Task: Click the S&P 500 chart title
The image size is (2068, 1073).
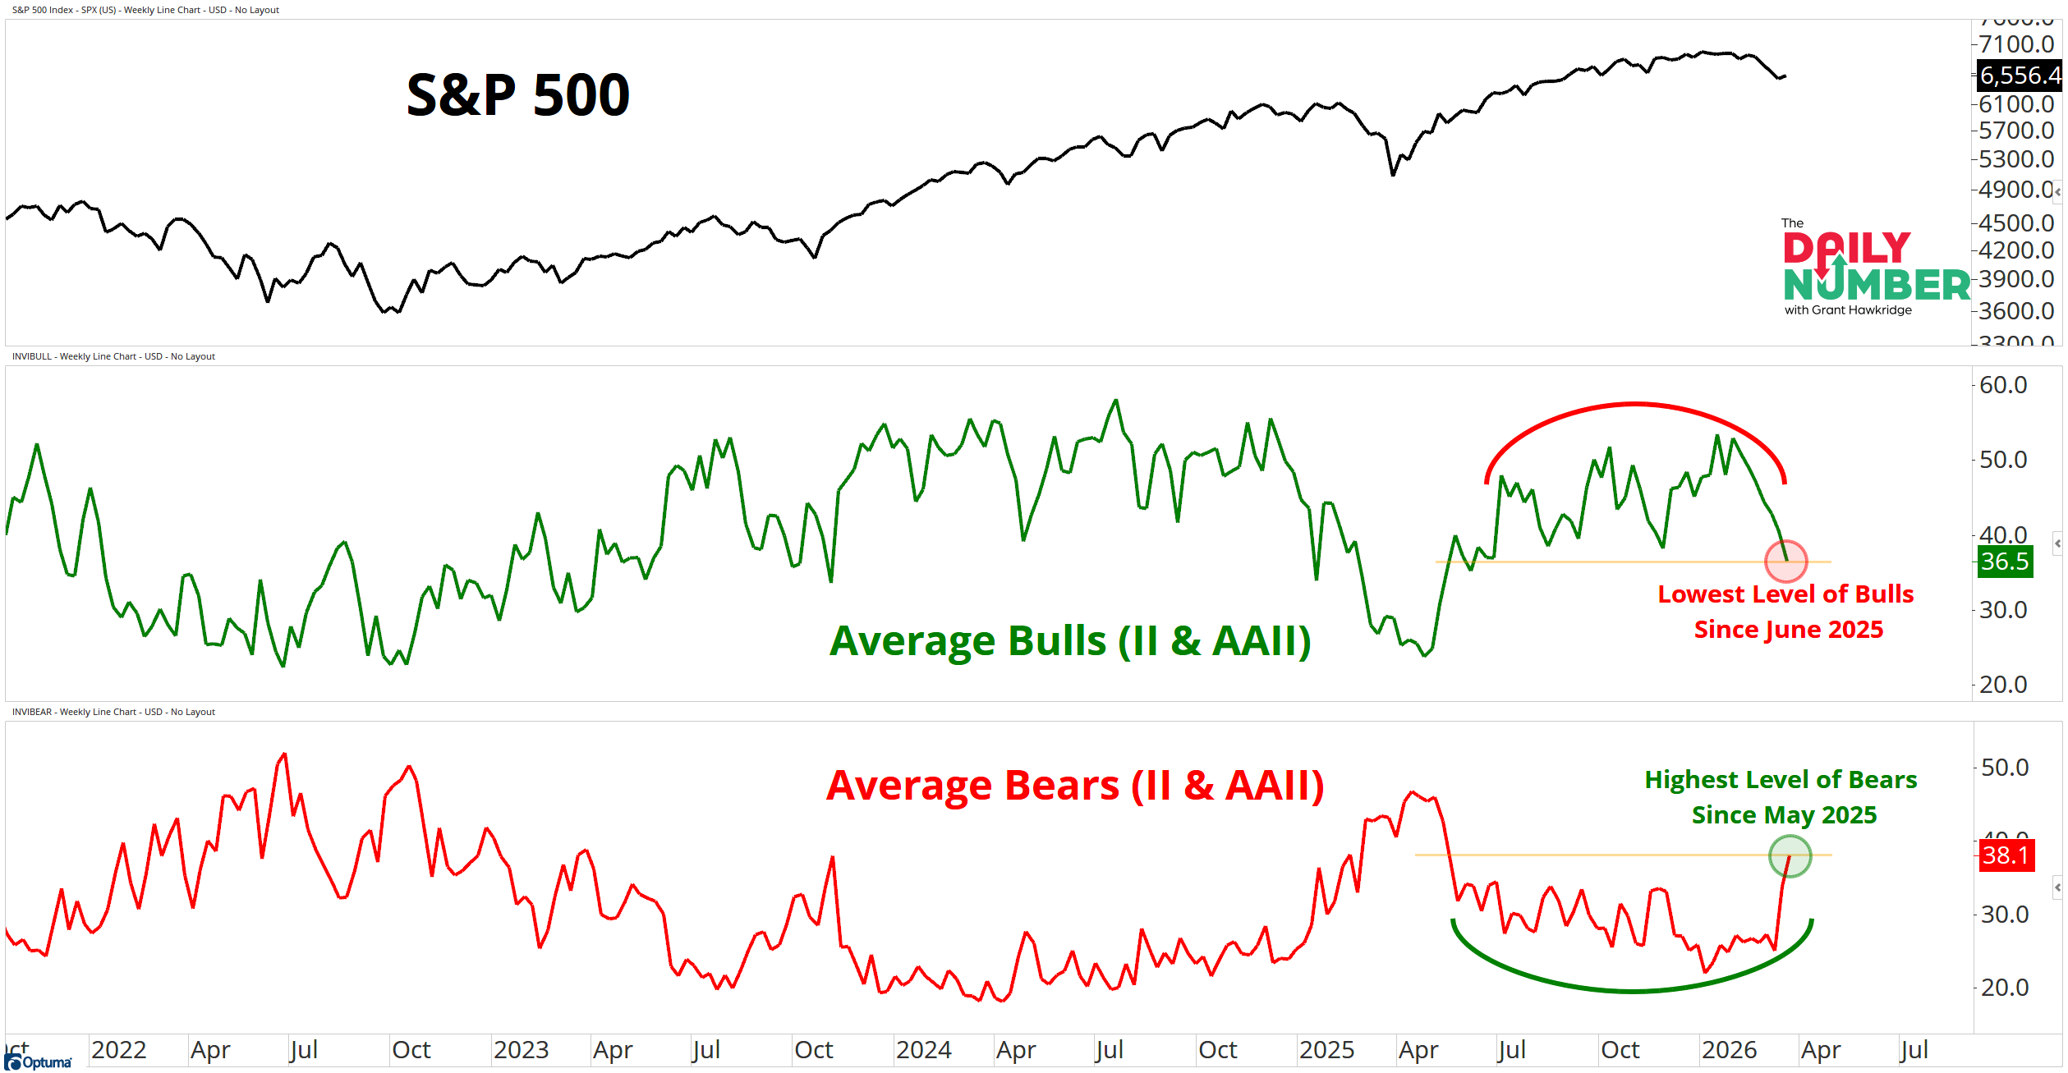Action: [x=518, y=95]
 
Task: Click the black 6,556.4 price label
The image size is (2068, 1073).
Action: [x=2019, y=76]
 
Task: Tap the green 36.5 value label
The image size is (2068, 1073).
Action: [x=2005, y=562]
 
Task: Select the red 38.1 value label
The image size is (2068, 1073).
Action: [x=2006, y=855]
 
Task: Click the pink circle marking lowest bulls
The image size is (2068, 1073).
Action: [x=1785, y=562]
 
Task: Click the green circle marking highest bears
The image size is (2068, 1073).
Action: [x=1790, y=855]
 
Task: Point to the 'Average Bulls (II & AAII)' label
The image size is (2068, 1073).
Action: [x=1069, y=641]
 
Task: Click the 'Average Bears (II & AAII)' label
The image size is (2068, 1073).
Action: [x=1074, y=786]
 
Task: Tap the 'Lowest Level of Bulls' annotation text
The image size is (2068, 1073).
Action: [x=1785, y=594]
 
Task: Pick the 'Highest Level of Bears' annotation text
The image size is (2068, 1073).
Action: [x=1781, y=780]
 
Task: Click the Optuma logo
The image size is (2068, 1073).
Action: [x=39, y=1062]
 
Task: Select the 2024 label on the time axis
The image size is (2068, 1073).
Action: [x=923, y=1050]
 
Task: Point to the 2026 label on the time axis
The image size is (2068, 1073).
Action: [x=1729, y=1050]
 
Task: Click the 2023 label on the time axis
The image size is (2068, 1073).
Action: [x=521, y=1050]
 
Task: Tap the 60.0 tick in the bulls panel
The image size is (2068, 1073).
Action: [x=2003, y=385]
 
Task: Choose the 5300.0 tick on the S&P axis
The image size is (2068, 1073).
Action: [x=2016, y=158]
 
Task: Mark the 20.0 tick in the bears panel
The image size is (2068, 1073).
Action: [x=2005, y=988]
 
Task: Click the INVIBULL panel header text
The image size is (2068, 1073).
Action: [x=113, y=356]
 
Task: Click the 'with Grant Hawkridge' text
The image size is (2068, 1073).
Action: [x=1848, y=310]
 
